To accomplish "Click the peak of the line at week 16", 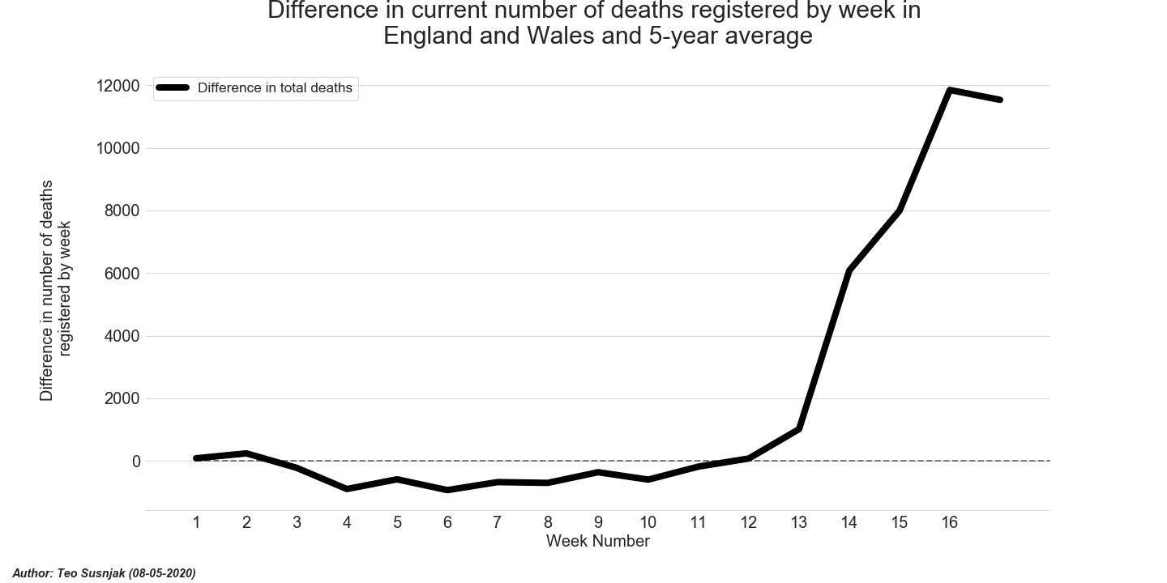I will coord(950,90).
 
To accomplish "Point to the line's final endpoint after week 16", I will coord(1000,100).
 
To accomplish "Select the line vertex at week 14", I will coord(849,270).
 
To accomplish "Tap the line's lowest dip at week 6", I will coord(447,490).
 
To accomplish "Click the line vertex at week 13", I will coord(799,428).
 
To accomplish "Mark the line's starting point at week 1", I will coord(196,458).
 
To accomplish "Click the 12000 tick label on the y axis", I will coord(118,86).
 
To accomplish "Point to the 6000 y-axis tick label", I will coord(122,274).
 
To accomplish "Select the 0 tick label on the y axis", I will coord(136,462).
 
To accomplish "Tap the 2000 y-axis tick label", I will coord(122,399).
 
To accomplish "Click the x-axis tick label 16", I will coord(950,523).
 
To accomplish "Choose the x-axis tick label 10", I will coord(648,523).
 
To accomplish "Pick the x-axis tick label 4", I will coord(347,523).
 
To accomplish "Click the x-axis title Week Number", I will coord(597,542).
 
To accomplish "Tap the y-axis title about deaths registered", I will coord(56,290).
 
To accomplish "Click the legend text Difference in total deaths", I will coord(275,88).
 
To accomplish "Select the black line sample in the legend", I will coord(173,88).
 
